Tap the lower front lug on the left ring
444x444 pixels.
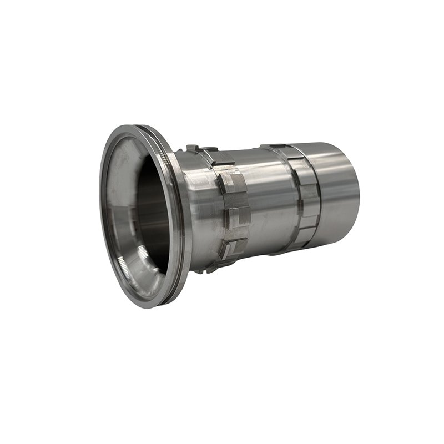coord(233,248)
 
